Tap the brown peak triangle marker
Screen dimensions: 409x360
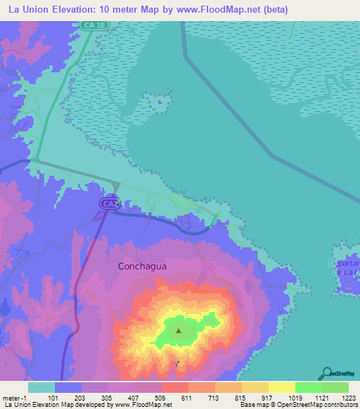tap(179, 329)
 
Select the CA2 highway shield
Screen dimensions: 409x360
tap(108, 203)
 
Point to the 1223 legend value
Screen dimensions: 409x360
tap(348, 397)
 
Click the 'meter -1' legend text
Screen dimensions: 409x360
tap(14, 397)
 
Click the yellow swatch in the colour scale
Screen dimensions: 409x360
tap(281, 387)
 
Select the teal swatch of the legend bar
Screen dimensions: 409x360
tap(41, 387)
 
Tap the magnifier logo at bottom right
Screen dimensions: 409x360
tap(326, 373)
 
